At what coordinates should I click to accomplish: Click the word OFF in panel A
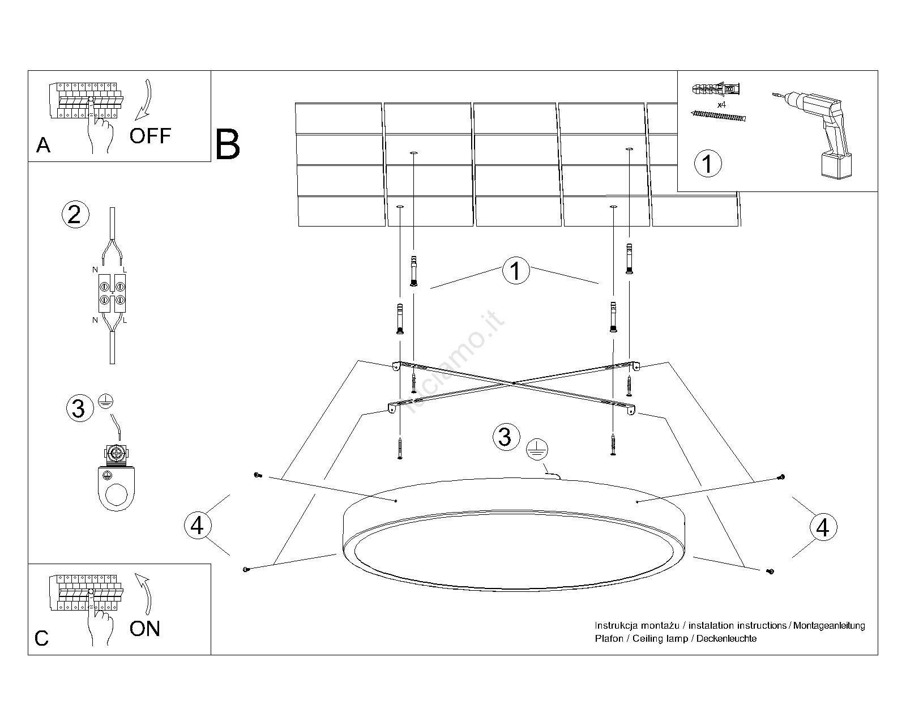tap(149, 136)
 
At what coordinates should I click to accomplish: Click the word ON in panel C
tap(144, 629)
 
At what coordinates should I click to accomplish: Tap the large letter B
tap(228, 144)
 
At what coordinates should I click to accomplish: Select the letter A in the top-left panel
tap(43, 146)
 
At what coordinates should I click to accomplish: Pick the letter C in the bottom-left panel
tap(41, 638)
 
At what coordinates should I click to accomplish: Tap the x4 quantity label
tap(721, 105)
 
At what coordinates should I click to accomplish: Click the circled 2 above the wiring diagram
tap(74, 215)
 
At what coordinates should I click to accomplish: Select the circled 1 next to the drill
tap(707, 164)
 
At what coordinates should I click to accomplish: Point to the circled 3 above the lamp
tap(505, 437)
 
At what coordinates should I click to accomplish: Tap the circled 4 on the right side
tap(823, 527)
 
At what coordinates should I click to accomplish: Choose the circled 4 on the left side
tap(196, 525)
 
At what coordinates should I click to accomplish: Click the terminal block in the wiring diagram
tap(112, 293)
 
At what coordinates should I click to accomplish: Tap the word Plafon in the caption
tap(609, 638)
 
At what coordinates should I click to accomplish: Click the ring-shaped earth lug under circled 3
tap(117, 481)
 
